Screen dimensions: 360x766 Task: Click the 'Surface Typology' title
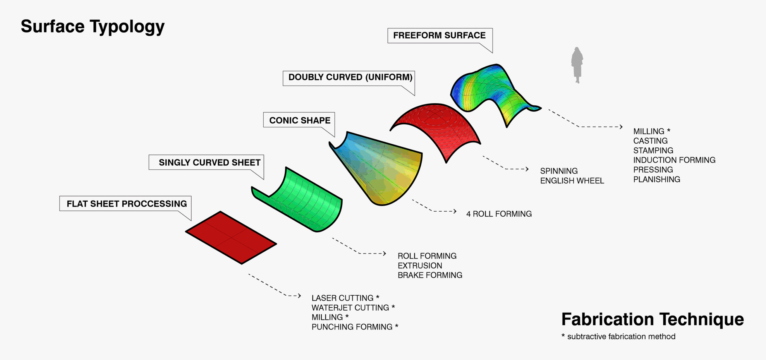click(x=92, y=27)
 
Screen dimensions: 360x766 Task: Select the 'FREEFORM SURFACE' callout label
click(x=439, y=36)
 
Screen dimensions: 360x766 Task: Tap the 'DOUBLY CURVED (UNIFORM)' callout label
click(x=350, y=77)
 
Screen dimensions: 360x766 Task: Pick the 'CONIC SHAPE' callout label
click(x=300, y=120)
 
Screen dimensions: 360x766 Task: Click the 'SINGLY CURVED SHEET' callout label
click(x=209, y=162)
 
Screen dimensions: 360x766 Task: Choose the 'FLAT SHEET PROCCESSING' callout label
click(x=127, y=204)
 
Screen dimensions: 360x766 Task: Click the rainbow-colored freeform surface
click(x=491, y=90)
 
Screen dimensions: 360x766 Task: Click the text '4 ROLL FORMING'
click(x=499, y=214)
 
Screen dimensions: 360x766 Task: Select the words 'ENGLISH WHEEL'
click(x=572, y=181)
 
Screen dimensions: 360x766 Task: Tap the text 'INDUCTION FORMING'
click(x=674, y=160)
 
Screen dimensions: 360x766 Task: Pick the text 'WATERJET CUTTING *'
click(x=353, y=308)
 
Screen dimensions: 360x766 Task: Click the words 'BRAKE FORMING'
click(x=430, y=275)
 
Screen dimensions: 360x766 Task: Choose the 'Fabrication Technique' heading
click(x=652, y=319)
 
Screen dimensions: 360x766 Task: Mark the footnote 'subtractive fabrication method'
click(x=621, y=337)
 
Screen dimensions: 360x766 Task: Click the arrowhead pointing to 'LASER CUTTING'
click(x=299, y=296)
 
